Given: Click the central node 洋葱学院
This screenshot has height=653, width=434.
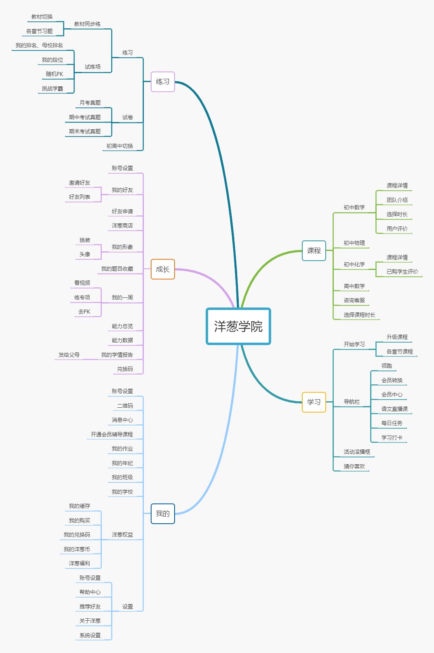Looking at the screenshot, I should coord(238,326).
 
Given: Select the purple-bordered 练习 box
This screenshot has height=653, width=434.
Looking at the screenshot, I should coord(162,82).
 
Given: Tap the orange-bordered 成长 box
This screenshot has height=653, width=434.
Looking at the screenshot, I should coord(162,269).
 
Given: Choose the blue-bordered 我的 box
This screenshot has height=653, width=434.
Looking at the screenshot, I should coord(162,514).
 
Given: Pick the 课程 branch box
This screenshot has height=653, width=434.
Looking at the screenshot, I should coord(314,251).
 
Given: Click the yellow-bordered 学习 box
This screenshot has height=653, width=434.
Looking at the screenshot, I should coord(314,402).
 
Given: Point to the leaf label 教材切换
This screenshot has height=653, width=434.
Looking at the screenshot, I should coord(42,17).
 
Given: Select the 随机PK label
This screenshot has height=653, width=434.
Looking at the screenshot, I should coord(55,74).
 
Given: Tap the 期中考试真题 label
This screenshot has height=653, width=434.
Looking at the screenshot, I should coord(84,117).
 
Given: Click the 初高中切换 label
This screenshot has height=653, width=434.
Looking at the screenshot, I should coord(120,146).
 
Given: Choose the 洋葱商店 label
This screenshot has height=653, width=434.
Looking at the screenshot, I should coord(122,225).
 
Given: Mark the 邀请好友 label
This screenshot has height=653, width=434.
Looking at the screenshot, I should coord(79,183).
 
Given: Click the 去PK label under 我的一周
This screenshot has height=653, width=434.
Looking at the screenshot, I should coord(84,312).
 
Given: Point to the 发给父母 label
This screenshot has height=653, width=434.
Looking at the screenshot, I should coord(69,355).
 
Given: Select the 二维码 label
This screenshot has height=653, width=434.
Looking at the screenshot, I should coord(125,406).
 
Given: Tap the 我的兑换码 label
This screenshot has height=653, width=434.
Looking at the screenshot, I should coord(77,535).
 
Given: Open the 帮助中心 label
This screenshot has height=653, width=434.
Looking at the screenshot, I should coord(90,592).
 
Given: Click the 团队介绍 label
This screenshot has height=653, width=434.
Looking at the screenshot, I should coord(397,200).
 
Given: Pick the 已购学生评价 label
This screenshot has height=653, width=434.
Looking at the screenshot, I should coord(402,272).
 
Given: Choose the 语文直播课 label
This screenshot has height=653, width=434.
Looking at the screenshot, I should coord(394,409).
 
